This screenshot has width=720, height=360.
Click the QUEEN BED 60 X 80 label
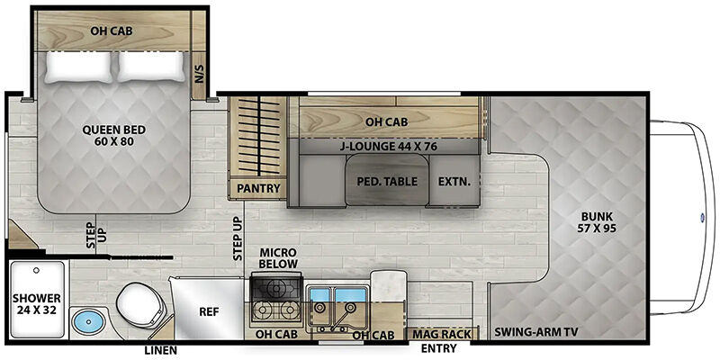114,136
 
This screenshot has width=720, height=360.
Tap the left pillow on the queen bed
78,67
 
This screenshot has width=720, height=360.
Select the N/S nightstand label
199,74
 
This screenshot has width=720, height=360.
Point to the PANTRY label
258,188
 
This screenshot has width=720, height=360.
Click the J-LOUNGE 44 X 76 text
389,147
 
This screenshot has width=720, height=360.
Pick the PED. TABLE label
388,182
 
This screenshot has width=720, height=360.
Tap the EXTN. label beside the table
454,182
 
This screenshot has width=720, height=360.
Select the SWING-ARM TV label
535,332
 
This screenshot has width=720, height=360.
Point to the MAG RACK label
441,334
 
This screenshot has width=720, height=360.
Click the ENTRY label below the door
438,348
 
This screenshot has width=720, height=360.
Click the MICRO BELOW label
279,258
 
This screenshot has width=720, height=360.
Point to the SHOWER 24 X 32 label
37,304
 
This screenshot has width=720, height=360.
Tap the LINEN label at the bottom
161,350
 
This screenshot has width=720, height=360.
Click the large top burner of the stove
276,288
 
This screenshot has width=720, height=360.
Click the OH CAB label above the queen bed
111,31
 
